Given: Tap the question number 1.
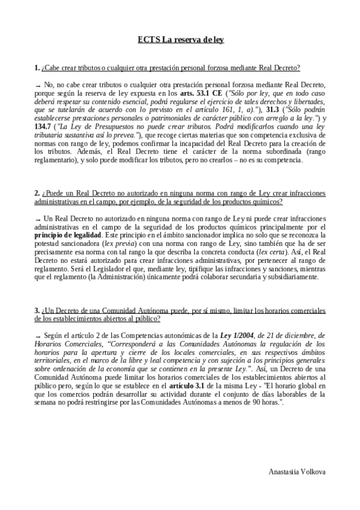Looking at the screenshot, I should (x=37, y=69).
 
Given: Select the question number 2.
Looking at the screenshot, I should (x=37, y=193).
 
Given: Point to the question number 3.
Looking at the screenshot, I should (x=37, y=310).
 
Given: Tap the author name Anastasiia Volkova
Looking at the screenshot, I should (x=297, y=472).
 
